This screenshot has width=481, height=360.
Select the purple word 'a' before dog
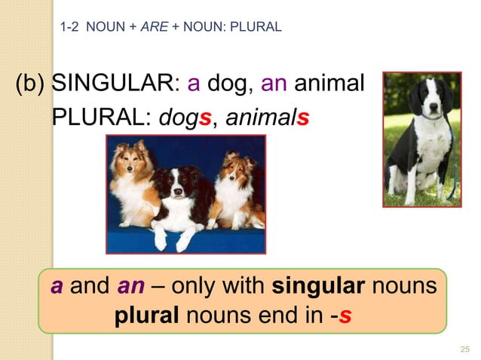pos(193,82)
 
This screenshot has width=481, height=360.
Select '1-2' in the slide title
pos(69,28)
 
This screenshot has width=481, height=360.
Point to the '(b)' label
pos(30,82)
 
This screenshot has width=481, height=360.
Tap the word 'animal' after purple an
pos(329,82)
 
